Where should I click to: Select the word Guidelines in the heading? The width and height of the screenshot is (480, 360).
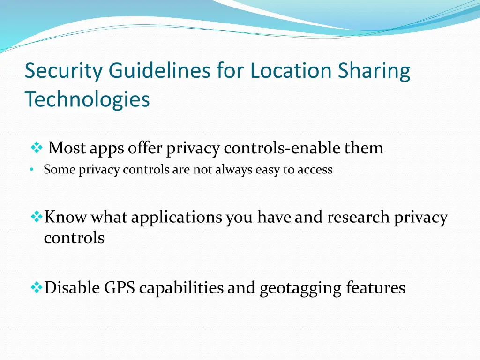point(160,72)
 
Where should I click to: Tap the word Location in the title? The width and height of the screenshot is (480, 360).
point(277,72)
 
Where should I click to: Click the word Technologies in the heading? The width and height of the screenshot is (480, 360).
point(87,99)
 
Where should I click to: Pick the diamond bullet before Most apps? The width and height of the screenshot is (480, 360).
point(36,149)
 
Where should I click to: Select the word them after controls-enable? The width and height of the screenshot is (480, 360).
point(364,149)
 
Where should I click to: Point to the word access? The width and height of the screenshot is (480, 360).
point(315,170)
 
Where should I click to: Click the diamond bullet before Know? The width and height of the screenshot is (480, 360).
point(36,217)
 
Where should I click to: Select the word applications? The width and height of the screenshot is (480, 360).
point(177,217)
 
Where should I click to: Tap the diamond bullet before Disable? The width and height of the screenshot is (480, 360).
point(36,287)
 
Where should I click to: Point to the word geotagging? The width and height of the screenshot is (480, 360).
point(300,288)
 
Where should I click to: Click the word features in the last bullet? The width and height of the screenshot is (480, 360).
point(375,288)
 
